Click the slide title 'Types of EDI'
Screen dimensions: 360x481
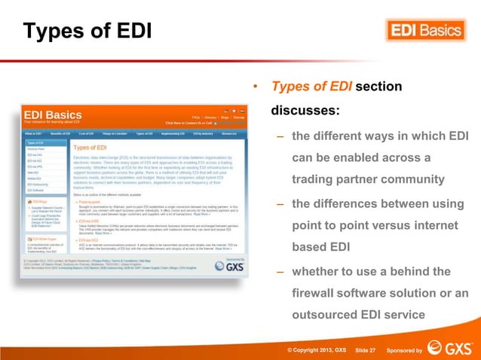point(87,32)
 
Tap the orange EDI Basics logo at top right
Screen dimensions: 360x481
point(425,30)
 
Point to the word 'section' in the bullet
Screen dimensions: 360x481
point(378,87)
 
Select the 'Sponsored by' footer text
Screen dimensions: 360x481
point(404,350)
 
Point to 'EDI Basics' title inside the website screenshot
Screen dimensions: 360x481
point(53,116)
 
